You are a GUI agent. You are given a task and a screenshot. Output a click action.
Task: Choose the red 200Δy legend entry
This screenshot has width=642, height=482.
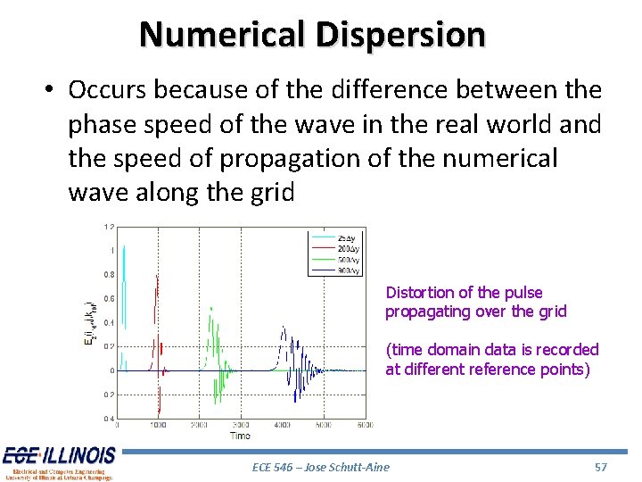click(x=346, y=248)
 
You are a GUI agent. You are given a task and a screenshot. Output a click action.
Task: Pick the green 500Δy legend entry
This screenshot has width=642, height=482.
click(x=346, y=259)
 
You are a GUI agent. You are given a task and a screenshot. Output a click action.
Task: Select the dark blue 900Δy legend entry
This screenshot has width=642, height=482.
click(x=346, y=270)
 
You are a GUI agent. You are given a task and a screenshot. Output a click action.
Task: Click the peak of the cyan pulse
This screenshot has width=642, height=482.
click(x=123, y=248)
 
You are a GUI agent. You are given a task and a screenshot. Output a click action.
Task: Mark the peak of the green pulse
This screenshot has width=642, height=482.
click(x=211, y=308)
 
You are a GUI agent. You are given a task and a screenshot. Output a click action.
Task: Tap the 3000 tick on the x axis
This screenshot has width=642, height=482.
click(x=242, y=426)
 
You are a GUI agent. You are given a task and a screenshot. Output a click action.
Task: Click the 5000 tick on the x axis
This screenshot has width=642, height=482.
click(x=325, y=426)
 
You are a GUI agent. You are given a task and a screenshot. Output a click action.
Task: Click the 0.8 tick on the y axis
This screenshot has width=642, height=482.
click(x=108, y=274)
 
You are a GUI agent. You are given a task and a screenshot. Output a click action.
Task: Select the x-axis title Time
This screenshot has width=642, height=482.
click(x=241, y=436)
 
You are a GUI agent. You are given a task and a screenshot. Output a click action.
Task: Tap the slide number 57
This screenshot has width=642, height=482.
click(x=600, y=467)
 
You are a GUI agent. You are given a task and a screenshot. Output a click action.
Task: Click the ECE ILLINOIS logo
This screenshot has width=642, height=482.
click(x=59, y=463)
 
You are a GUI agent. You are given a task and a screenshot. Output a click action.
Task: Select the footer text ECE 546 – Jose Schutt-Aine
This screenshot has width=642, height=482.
click(x=321, y=467)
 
